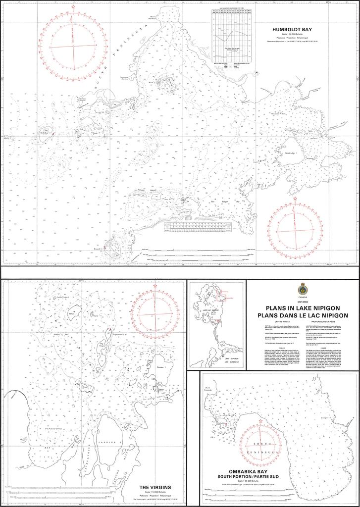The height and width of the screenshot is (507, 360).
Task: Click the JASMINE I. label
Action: point(113,442)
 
